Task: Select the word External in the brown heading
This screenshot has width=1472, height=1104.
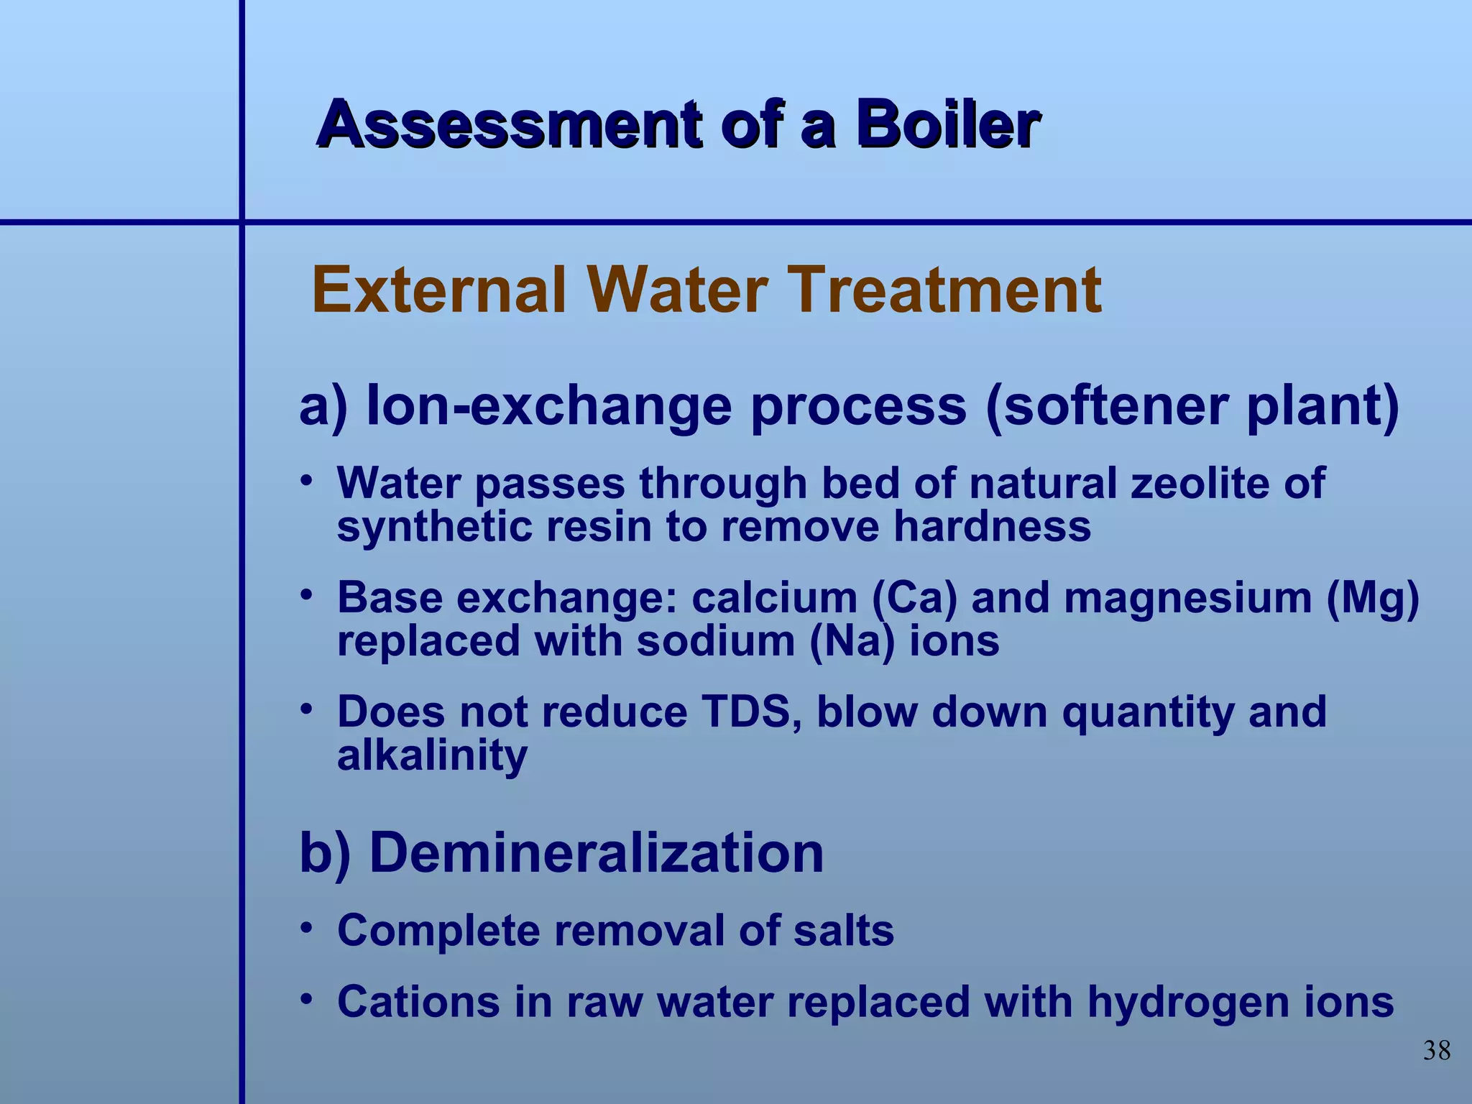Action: coord(441,290)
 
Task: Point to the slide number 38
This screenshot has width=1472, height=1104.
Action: coord(1437,1051)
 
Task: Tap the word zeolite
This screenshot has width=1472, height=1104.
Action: coord(1200,483)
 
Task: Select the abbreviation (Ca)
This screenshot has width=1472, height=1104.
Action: coord(914,598)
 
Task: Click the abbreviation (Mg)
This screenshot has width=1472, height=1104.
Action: coord(1373,598)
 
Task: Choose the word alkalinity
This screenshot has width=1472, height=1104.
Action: coord(432,755)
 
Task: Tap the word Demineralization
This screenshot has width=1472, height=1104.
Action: coord(596,853)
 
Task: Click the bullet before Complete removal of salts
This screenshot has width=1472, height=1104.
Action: coord(307,929)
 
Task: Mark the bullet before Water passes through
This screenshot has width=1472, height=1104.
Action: coord(307,480)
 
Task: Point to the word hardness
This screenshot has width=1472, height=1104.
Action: coord(991,526)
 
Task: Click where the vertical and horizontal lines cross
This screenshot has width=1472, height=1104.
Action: coord(241,222)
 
